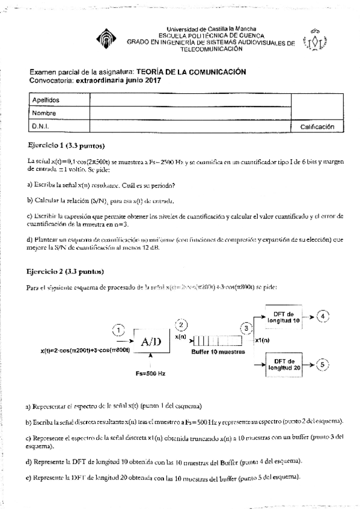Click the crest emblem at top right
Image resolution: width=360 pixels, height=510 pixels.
point(316,40)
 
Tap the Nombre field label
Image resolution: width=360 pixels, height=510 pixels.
point(44,113)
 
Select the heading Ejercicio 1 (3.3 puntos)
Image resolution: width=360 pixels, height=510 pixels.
point(67,146)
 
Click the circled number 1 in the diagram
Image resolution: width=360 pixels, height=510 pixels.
point(120,330)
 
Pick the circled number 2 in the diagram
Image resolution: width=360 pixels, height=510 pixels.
point(181,325)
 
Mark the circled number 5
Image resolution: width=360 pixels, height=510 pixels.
point(323,364)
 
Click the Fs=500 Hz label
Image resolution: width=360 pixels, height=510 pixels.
point(150,373)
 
